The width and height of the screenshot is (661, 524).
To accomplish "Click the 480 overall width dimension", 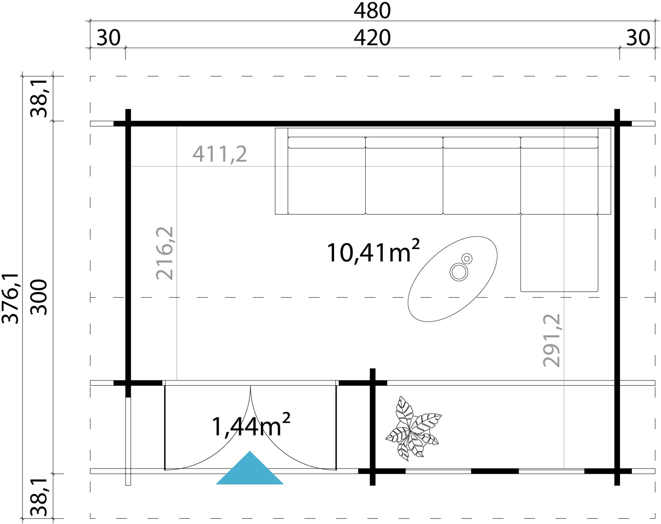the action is (372, 11).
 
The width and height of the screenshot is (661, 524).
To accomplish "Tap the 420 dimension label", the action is (372, 38).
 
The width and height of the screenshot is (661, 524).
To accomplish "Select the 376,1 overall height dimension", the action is (11, 299).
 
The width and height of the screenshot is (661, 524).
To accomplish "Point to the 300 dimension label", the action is (39, 297).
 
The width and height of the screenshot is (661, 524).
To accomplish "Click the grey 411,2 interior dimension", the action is (219, 154).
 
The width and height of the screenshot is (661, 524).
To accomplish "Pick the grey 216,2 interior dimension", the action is (165, 254).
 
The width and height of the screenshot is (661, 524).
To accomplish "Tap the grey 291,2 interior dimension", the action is (552, 341).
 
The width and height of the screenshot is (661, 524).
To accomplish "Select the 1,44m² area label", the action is (251, 425).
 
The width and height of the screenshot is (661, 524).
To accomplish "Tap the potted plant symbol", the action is (413, 428).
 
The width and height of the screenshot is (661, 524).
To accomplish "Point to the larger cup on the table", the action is (459, 272).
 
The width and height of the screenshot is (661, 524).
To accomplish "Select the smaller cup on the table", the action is (467, 258).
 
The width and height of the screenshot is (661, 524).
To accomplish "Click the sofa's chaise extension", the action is (559, 253).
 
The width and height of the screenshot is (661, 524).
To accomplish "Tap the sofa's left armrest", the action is (281, 171).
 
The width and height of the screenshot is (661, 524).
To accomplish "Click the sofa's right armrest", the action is (605, 171).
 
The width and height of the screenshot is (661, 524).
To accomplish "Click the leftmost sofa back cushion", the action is (327, 143).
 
